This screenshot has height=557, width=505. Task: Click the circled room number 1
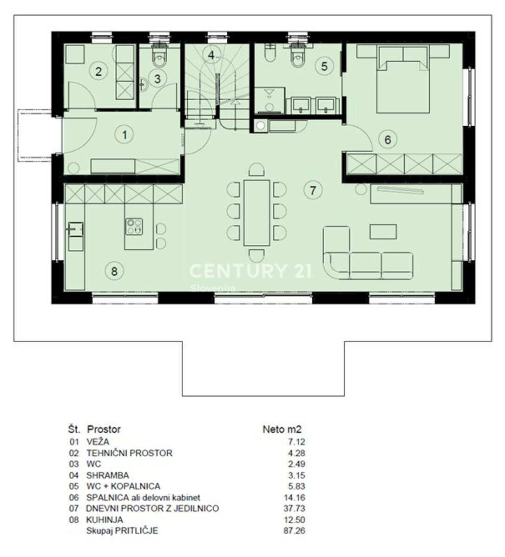click(x=124, y=135)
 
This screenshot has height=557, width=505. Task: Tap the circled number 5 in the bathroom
click(x=324, y=66)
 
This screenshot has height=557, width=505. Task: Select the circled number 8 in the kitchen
click(x=114, y=271)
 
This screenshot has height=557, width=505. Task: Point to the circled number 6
click(x=388, y=139)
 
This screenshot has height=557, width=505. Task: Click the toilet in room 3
click(x=159, y=56)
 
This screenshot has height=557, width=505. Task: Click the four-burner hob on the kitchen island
click(x=134, y=227)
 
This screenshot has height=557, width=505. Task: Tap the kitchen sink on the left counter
click(x=75, y=229)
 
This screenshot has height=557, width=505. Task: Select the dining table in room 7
click(x=256, y=213)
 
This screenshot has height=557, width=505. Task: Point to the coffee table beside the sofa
click(x=383, y=232)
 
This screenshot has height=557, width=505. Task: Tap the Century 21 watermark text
click(x=250, y=271)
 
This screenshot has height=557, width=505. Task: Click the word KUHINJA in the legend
click(x=105, y=519)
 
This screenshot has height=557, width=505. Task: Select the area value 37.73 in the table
click(x=294, y=508)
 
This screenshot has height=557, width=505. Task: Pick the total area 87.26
click(x=294, y=531)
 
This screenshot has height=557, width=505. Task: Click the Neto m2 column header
click(x=282, y=429)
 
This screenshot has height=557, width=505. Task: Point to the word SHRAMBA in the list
click(x=108, y=475)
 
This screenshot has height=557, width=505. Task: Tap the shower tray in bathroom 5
click(x=269, y=100)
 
